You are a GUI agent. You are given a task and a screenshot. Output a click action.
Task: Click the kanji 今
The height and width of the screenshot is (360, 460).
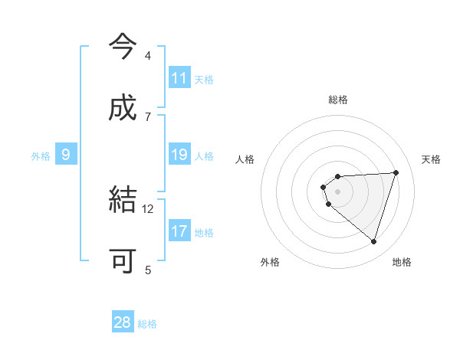[122, 47]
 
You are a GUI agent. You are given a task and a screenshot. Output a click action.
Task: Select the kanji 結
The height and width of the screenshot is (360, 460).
[122, 200]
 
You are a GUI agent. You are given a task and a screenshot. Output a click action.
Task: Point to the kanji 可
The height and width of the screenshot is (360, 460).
[122, 261]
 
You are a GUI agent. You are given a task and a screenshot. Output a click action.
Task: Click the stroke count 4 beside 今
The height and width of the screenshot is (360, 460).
[148, 56]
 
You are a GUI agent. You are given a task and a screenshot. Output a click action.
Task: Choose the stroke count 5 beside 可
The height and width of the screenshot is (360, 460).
[148, 270]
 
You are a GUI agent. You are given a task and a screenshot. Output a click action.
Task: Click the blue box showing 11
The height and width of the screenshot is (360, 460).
[179, 78]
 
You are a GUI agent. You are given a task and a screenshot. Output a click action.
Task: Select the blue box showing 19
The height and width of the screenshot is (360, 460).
[179, 155]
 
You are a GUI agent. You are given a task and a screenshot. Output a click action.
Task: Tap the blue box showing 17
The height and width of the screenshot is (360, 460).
[179, 231]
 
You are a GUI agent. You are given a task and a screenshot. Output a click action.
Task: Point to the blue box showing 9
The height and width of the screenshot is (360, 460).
[66, 155]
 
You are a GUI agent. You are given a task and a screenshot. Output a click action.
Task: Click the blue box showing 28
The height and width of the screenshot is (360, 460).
[122, 322]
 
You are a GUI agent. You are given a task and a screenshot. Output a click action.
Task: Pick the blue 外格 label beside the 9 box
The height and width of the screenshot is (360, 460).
[41, 156]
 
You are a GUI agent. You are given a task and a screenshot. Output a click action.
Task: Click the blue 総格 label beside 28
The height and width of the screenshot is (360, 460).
[147, 324]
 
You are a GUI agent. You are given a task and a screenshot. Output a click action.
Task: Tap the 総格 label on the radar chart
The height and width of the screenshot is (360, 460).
[338, 100]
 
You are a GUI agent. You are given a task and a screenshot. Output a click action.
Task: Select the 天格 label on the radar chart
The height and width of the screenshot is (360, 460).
[432, 159]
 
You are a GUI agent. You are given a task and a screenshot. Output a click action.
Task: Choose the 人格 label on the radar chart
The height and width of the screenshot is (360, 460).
[245, 159]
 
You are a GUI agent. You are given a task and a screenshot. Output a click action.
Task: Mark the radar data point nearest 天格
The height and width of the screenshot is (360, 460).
[396, 172]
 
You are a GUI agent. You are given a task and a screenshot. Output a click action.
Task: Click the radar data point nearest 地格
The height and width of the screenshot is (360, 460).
[373, 241]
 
